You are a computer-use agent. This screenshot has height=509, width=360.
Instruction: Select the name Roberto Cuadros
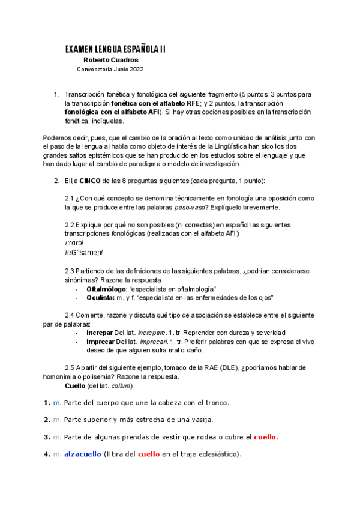click(111, 60)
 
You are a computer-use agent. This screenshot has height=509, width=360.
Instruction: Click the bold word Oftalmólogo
click(106, 289)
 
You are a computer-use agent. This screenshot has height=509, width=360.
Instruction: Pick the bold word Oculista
click(101, 297)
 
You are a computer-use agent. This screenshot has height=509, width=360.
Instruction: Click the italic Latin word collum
click(120, 385)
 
